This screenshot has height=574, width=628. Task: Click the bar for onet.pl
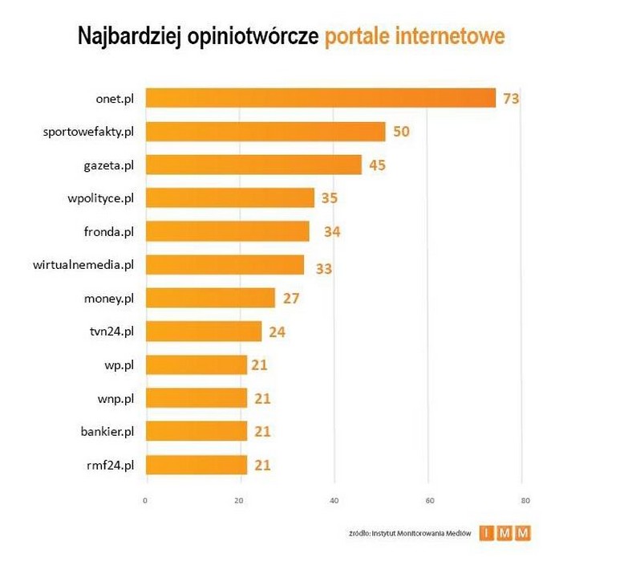[x=321, y=98]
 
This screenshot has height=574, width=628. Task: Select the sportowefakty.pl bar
[x=265, y=132]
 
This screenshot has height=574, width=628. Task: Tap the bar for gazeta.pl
[x=253, y=165]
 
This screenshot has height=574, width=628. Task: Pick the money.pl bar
[x=210, y=298]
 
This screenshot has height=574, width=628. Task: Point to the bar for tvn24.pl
[x=203, y=331]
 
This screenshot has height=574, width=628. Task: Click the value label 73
[x=512, y=99]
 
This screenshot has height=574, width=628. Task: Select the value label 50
[x=401, y=132]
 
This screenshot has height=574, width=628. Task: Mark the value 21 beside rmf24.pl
[x=261, y=465]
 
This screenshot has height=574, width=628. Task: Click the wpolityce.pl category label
[x=100, y=198]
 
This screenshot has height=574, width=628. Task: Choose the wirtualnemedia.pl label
[x=84, y=264]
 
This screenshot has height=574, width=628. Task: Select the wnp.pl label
[x=115, y=397]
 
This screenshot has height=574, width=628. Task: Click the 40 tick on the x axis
[x=334, y=501]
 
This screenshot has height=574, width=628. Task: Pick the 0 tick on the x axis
[x=145, y=501]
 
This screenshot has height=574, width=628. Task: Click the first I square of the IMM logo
[x=486, y=533]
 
